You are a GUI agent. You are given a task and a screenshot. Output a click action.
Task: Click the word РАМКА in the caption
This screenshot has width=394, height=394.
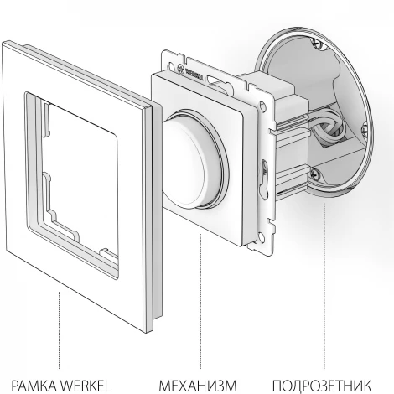point(34,386)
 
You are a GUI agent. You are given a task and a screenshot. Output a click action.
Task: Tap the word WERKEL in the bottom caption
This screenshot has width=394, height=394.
point(86,386)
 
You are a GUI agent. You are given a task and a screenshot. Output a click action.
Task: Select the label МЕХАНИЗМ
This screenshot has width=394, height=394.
point(198,386)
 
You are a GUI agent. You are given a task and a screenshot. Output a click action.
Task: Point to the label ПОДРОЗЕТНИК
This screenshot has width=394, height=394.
point(322,386)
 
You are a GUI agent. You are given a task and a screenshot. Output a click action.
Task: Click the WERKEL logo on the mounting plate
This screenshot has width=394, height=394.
point(190,72)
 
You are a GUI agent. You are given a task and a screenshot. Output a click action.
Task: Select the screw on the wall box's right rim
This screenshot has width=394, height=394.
point(364,129)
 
